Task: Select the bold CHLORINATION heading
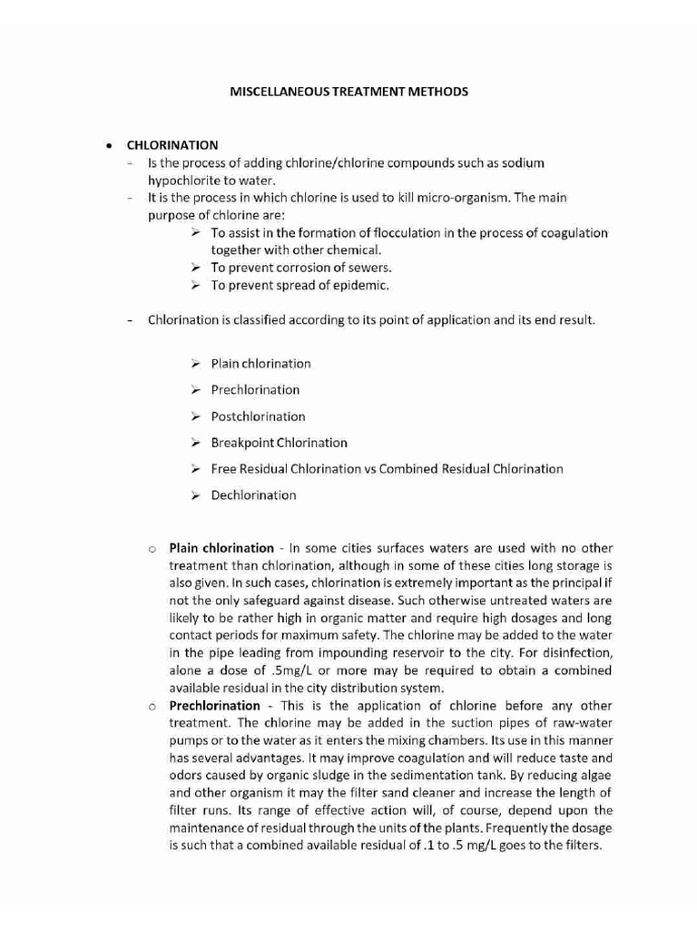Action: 172,145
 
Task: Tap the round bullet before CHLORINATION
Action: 108,145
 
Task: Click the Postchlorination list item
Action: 258,416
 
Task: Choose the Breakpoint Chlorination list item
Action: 279,443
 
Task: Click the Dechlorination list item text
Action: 253,495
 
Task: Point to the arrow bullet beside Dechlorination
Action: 195,495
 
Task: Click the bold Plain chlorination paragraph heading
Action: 221,548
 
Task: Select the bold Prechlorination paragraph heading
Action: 214,706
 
